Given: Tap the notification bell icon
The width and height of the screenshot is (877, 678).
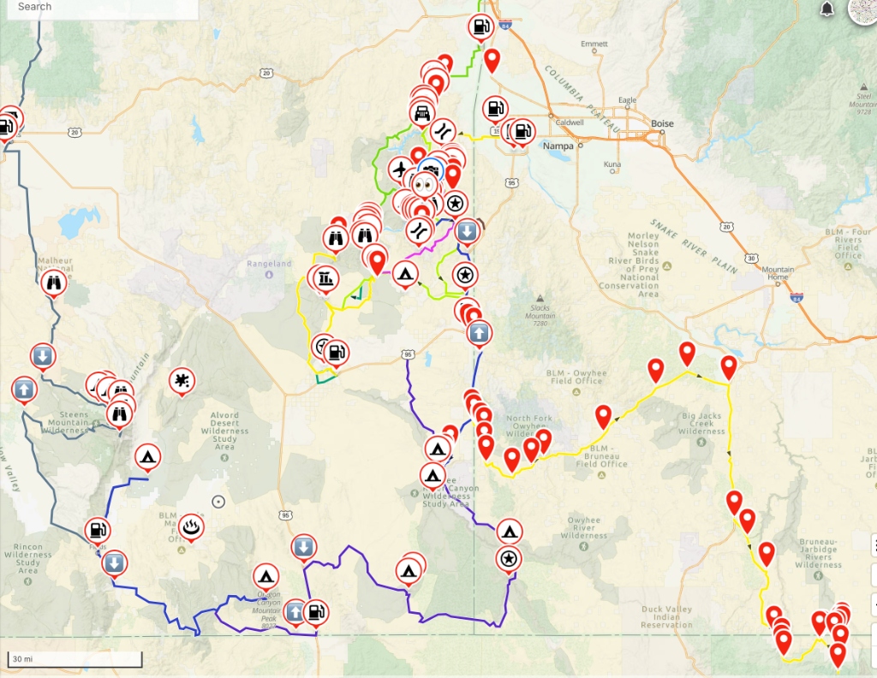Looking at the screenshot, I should [x=826, y=9].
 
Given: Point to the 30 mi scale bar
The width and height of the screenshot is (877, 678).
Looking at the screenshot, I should [x=75, y=659].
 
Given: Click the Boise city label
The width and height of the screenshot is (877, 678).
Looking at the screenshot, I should [x=662, y=124].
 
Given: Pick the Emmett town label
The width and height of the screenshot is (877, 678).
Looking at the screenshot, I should [x=594, y=44].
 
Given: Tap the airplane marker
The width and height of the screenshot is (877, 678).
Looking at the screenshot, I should [x=398, y=169].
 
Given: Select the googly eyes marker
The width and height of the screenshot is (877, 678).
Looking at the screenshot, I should [x=424, y=184].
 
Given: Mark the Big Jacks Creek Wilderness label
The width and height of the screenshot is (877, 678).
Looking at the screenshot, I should [x=701, y=424].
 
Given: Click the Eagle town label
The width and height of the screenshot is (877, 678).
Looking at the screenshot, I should [x=628, y=101].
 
